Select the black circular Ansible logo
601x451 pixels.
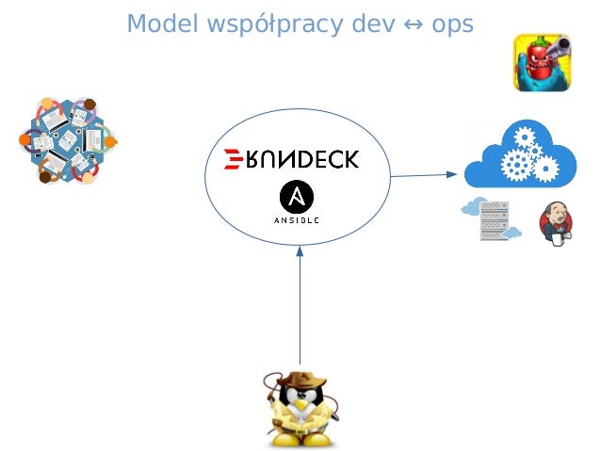coord(298,198)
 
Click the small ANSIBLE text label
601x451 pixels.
coord(298,220)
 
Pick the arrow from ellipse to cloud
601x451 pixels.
coord(424,174)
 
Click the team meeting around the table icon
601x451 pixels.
coord(69,141)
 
